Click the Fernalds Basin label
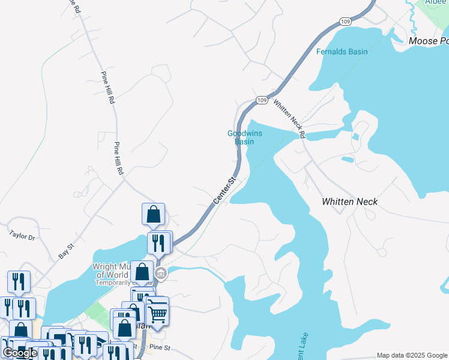coord(342,52)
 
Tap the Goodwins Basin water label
coord(244,137)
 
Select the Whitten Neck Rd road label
coord(290,118)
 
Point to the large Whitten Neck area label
coord(349,202)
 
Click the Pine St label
coord(160,347)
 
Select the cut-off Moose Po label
coord(428,41)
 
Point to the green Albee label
coord(435,2)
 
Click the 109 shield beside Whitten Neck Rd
coord(261,100)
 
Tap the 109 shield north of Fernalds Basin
coord(345,21)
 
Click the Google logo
coord(20,353)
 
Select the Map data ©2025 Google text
coord(412,355)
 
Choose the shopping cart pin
coord(157,313)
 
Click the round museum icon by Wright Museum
coord(160,274)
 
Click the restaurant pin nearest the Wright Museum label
coord(158,243)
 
